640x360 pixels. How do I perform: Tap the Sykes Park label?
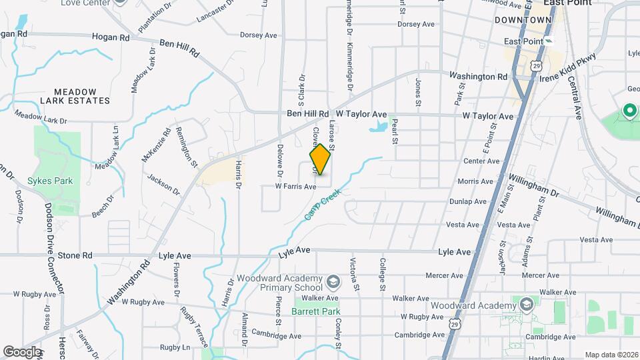tap(50, 181)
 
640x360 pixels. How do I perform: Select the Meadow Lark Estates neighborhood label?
tap(75, 96)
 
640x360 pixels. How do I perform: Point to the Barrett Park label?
tap(317, 311)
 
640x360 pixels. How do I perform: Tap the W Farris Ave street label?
tap(297, 187)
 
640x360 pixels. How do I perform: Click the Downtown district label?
tap(523, 20)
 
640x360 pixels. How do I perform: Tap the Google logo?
tap(22, 351)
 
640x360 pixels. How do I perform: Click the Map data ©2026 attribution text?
tap(611, 355)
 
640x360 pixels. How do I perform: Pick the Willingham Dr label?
tap(533, 185)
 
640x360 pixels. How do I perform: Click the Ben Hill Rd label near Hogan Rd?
tap(179, 48)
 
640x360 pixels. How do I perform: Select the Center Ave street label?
tap(481, 161)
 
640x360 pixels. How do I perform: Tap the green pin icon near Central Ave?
tap(629, 111)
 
